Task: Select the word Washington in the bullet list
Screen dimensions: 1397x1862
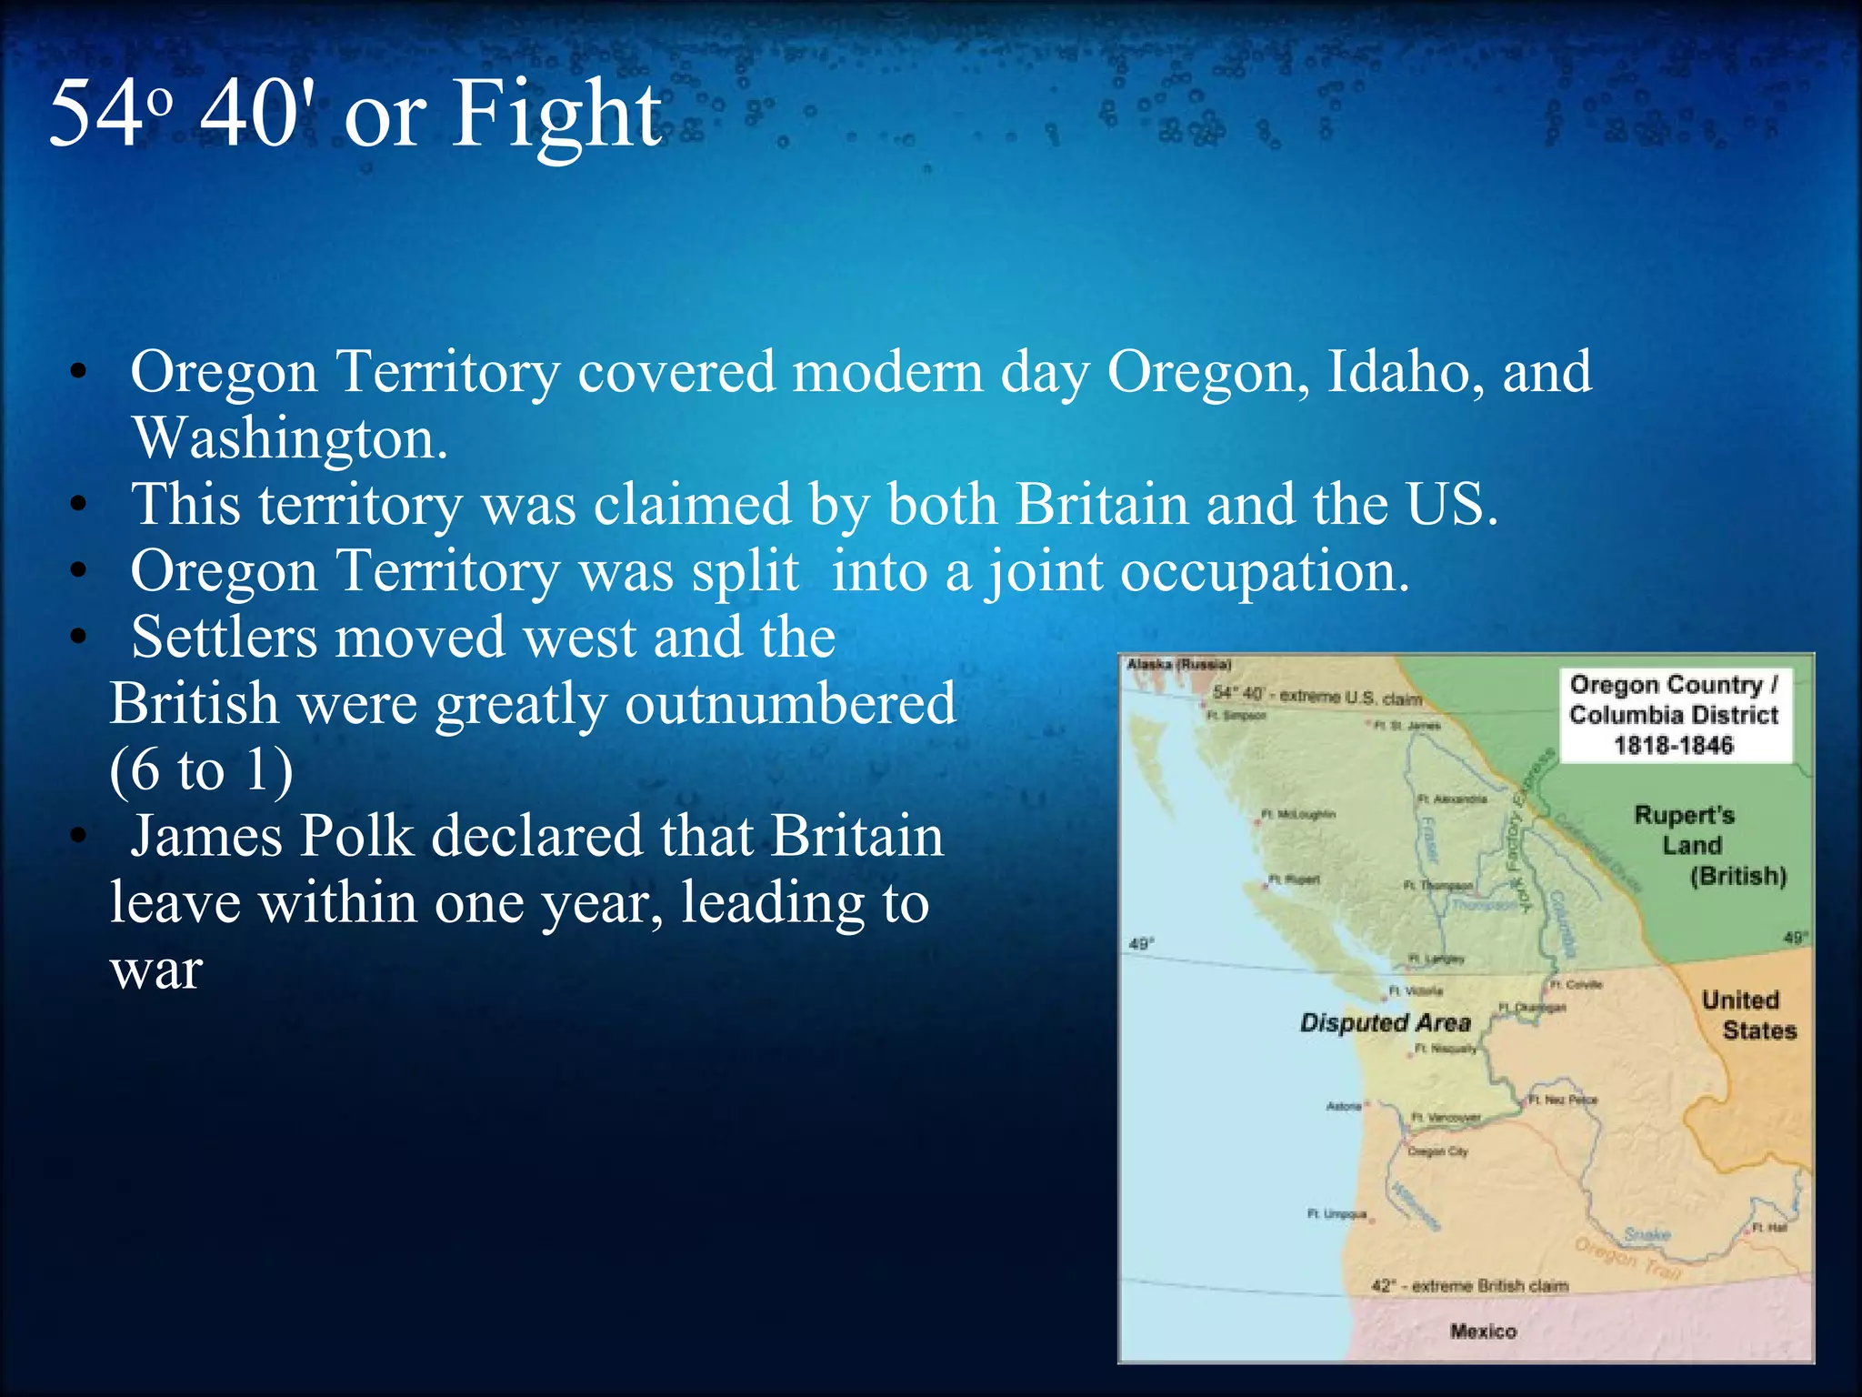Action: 289,438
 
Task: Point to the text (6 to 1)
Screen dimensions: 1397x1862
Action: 201,770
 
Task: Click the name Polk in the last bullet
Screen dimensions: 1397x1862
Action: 355,836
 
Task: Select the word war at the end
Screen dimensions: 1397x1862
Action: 155,970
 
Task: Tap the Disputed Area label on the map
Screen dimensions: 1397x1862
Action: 1385,1023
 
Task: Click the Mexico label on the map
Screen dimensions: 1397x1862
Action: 1483,1332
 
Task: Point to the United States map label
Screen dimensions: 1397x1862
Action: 1747,1015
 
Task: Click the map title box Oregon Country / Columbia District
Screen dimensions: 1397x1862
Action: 1674,715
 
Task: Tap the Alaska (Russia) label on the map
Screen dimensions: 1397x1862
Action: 1178,665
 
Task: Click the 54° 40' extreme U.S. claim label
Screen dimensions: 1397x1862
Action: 1317,697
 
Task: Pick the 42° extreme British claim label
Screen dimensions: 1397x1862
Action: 1469,1286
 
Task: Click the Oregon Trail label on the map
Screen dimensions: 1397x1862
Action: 1627,1259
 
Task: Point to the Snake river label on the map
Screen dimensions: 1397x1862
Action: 1647,1234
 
